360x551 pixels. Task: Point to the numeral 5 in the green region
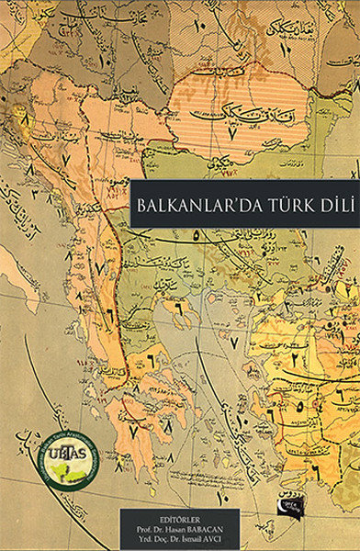[x=196, y=235]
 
